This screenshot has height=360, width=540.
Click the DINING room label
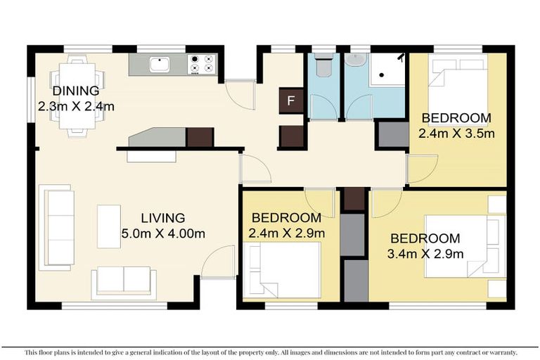(x=75, y=91)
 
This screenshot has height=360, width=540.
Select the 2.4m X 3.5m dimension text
(x=457, y=133)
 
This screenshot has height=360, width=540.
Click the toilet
(x=323, y=66)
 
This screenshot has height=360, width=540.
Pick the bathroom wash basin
(x=356, y=61)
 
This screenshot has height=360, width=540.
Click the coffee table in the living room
(x=109, y=226)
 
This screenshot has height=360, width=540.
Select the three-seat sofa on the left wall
(x=56, y=226)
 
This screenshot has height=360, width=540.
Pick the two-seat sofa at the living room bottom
(x=124, y=281)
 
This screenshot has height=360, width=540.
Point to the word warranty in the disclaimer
(x=500, y=352)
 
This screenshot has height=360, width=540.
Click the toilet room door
(x=323, y=106)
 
